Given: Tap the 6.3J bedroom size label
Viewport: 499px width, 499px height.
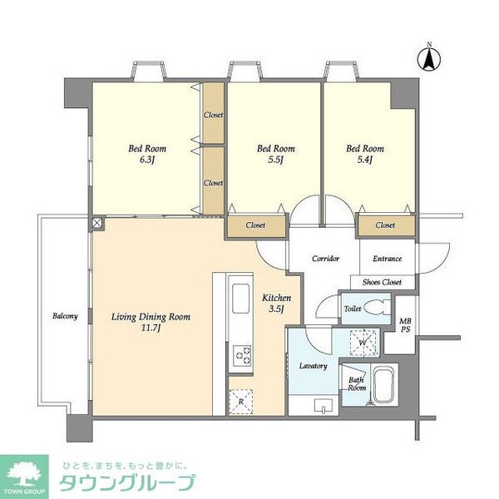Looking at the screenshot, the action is click(x=147, y=160).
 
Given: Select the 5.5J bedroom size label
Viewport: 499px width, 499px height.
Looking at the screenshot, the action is click(x=275, y=160).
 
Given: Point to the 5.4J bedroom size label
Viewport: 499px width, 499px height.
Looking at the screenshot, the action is click(x=365, y=160).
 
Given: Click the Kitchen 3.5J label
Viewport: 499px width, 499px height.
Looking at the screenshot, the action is click(x=276, y=304).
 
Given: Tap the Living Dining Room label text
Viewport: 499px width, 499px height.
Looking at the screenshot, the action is click(x=151, y=317).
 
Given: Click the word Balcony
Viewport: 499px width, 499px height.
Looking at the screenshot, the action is click(x=65, y=316).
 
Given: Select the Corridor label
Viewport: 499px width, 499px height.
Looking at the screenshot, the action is click(x=325, y=259).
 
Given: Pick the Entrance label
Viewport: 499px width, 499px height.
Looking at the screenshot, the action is click(x=388, y=259).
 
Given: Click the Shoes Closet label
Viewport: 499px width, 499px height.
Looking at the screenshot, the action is click(x=382, y=282).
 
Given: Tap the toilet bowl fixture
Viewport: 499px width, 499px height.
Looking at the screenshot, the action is click(x=377, y=308).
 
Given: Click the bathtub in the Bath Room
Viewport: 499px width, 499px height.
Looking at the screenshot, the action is click(x=385, y=384).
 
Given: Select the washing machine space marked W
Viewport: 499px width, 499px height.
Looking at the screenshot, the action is click(x=363, y=343).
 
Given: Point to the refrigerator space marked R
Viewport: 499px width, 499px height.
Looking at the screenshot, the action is click(x=241, y=402).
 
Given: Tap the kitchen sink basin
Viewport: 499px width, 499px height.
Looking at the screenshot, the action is click(x=240, y=299).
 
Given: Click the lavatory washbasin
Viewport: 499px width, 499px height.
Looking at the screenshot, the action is click(x=324, y=406).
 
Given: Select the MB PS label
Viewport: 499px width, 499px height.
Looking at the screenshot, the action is click(x=405, y=325).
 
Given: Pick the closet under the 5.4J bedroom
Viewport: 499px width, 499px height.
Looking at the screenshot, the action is click(x=387, y=225).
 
